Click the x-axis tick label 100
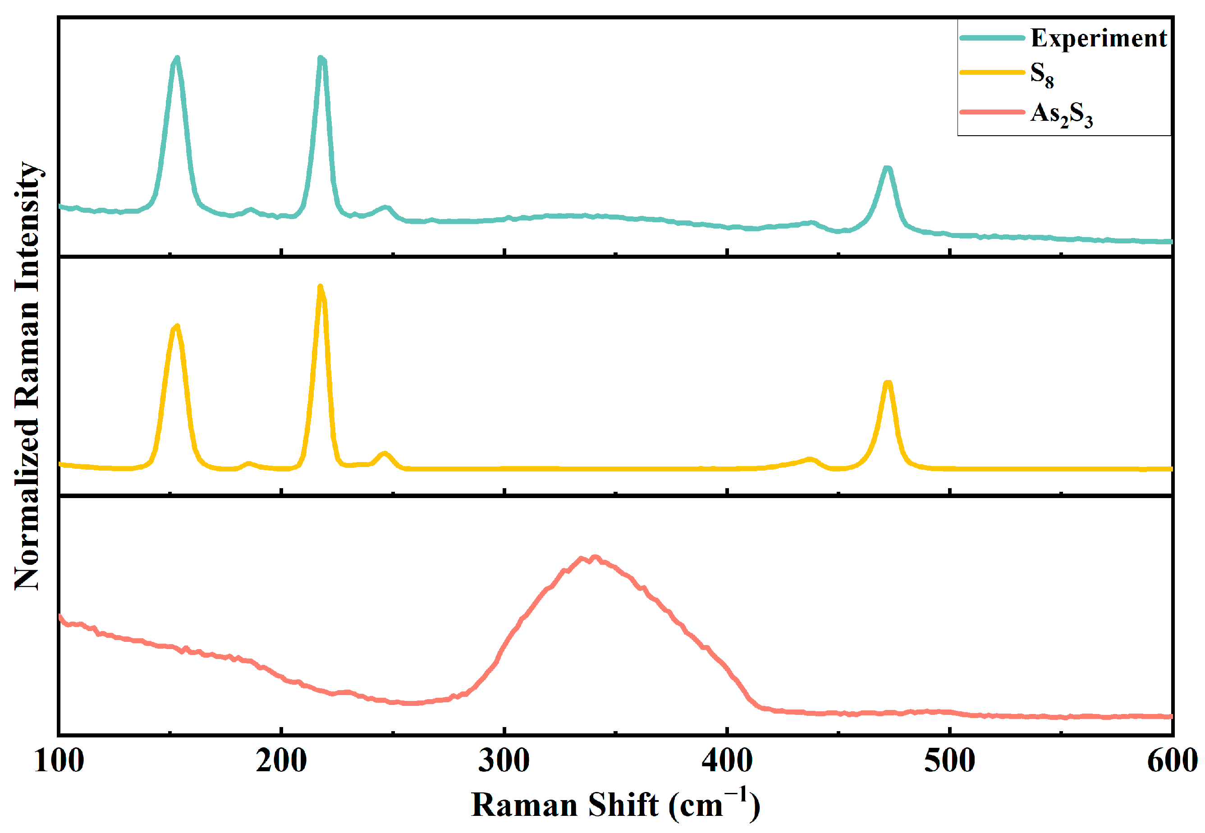[x=59, y=761]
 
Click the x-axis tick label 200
[x=281, y=761]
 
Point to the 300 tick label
[x=504, y=761]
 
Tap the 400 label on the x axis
[x=727, y=761]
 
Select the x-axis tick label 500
[x=949, y=761]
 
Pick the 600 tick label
[x=1172, y=761]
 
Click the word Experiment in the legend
[x=1099, y=38]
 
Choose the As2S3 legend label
[x=1061, y=114]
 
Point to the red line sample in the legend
[x=992, y=112]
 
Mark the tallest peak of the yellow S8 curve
[x=321, y=287]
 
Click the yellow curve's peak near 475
[x=888, y=383]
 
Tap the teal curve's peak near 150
[x=177, y=58]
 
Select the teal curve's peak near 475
[x=887, y=168]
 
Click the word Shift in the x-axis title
[x=623, y=804]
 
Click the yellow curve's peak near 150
[x=177, y=327]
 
